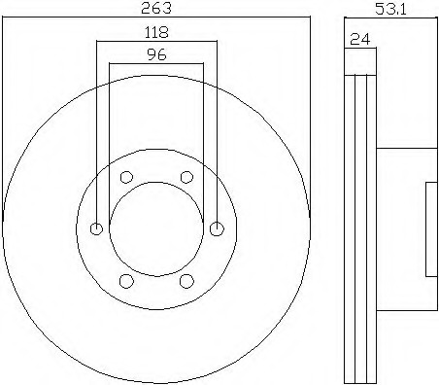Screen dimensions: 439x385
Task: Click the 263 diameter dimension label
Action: pyautogui.click(x=156, y=8)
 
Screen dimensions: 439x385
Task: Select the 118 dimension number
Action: pyautogui.click(x=156, y=32)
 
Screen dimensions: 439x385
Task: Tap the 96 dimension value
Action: pyautogui.click(x=156, y=54)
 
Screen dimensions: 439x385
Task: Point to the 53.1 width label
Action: pyautogui.click(x=390, y=9)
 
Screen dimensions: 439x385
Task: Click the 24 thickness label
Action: pyautogui.click(x=359, y=39)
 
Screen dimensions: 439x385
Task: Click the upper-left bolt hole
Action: pyautogui.click(x=126, y=177)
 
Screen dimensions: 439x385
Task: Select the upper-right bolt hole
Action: pyautogui.click(x=186, y=177)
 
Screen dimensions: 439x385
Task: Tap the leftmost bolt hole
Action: pyautogui.click(x=96, y=228)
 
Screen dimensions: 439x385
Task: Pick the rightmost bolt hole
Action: pyautogui.click(x=217, y=228)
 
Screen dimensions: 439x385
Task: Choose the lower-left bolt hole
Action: pyautogui.click(x=126, y=281)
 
